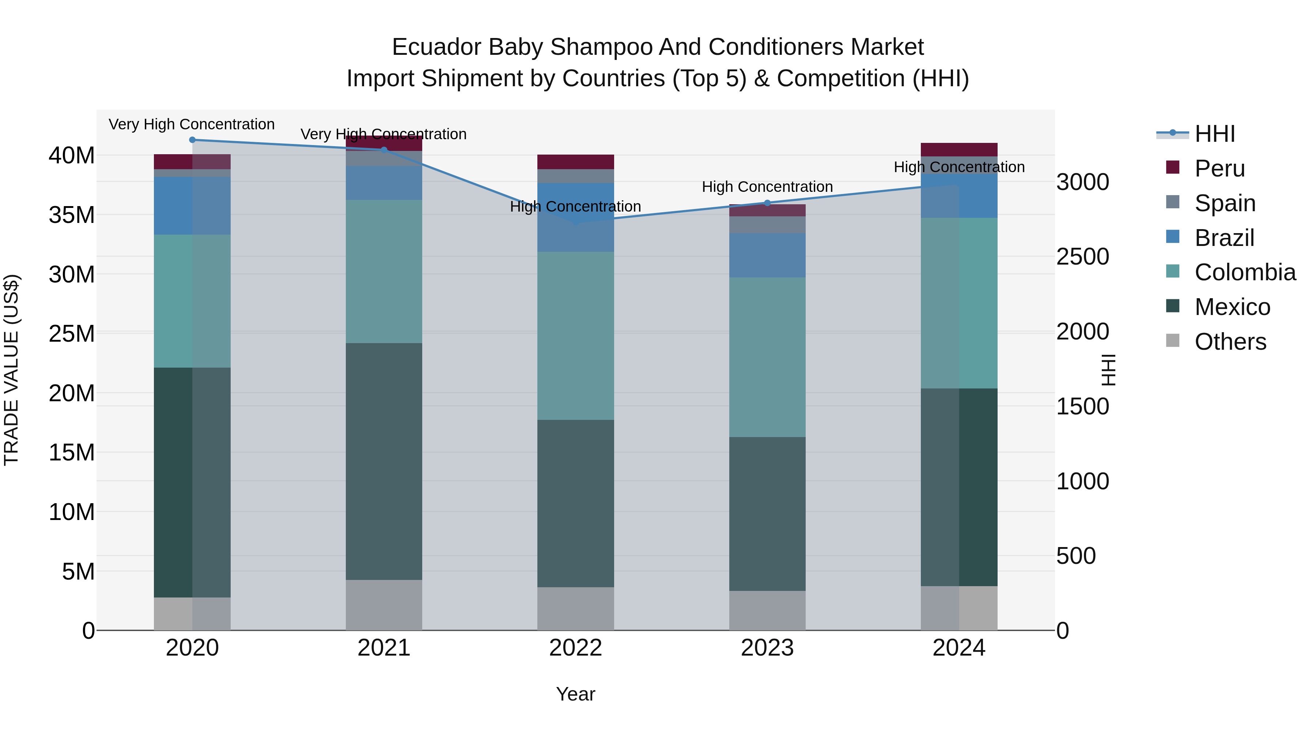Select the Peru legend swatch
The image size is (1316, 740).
click(x=1173, y=167)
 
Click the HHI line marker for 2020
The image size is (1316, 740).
click(x=192, y=140)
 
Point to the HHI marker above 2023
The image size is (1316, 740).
click(x=767, y=203)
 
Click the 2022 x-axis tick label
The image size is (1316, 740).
click(x=575, y=648)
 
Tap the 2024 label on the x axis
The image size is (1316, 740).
click(x=958, y=648)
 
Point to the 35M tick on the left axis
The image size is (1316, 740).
click(x=72, y=215)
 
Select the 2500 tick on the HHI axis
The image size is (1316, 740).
click(x=1082, y=257)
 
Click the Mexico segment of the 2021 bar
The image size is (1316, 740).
click(x=384, y=461)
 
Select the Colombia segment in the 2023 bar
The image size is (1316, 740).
click(x=767, y=357)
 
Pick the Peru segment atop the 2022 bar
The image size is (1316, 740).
click(x=575, y=162)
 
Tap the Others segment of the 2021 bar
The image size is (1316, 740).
click(x=384, y=605)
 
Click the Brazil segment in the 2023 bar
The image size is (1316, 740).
click(x=767, y=255)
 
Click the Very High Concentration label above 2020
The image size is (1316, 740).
click(x=192, y=125)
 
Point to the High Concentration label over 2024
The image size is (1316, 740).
click(x=959, y=167)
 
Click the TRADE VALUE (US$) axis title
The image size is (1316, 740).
click(x=11, y=370)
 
